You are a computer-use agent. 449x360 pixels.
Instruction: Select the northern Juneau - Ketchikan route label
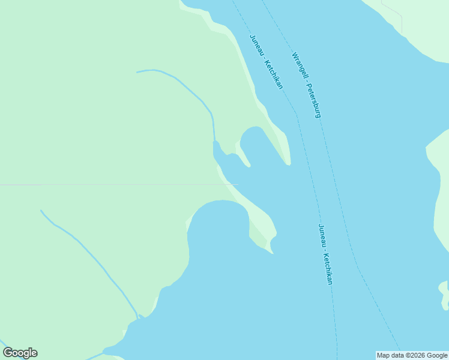pyautogui.click(x=266, y=61)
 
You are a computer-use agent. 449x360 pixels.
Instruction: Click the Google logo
pyautogui.click(x=20, y=353)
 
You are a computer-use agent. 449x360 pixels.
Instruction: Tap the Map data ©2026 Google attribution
pyautogui.click(x=412, y=355)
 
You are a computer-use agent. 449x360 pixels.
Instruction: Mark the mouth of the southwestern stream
pyautogui.click(x=139, y=316)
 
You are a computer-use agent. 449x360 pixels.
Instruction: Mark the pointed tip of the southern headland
pyautogui.click(x=271, y=252)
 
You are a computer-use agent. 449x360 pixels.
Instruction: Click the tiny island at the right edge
pyautogui.click(x=444, y=295)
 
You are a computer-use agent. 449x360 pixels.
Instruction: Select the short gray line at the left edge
pyautogui.click(x=20, y=185)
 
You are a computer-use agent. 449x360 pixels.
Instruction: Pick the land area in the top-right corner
pyautogui.click(x=420, y=24)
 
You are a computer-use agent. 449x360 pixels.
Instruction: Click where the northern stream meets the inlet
pyautogui.click(x=214, y=143)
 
